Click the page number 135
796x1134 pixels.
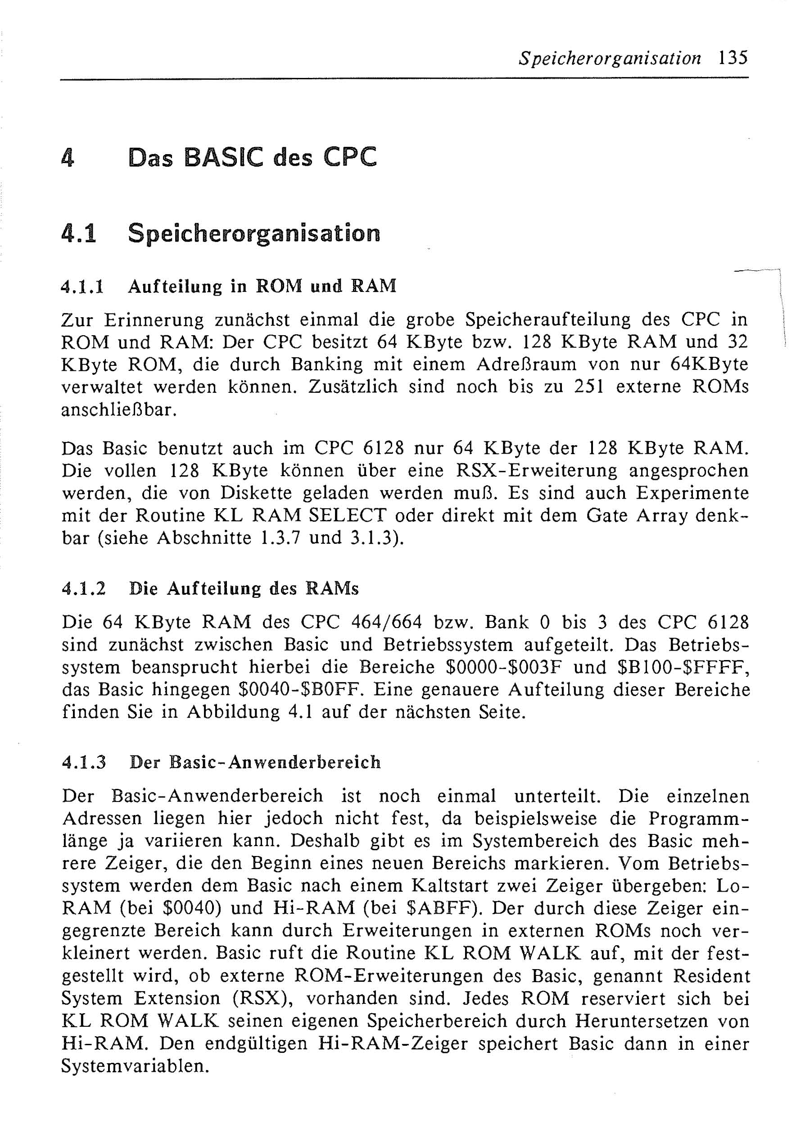click(733, 59)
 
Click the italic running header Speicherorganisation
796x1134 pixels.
click(610, 59)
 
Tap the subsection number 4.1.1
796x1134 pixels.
click(82, 287)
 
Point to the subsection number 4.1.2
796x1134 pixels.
click(83, 589)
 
